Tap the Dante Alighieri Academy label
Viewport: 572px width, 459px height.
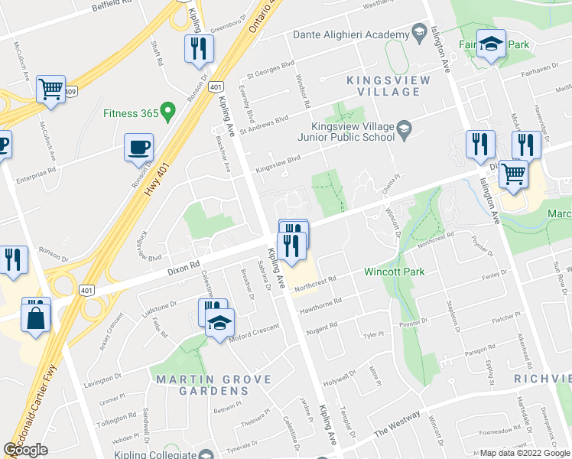(x=351, y=35)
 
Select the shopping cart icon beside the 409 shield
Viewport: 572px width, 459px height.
(x=50, y=89)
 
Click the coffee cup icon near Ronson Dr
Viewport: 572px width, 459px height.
(x=139, y=146)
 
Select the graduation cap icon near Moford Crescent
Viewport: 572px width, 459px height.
(x=219, y=322)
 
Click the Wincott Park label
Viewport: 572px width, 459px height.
(x=395, y=271)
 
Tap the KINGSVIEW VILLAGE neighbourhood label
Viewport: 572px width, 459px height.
(x=383, y=86)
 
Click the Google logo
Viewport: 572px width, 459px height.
(x=25, y=450)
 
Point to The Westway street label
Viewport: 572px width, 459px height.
(x=397, y=425)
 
